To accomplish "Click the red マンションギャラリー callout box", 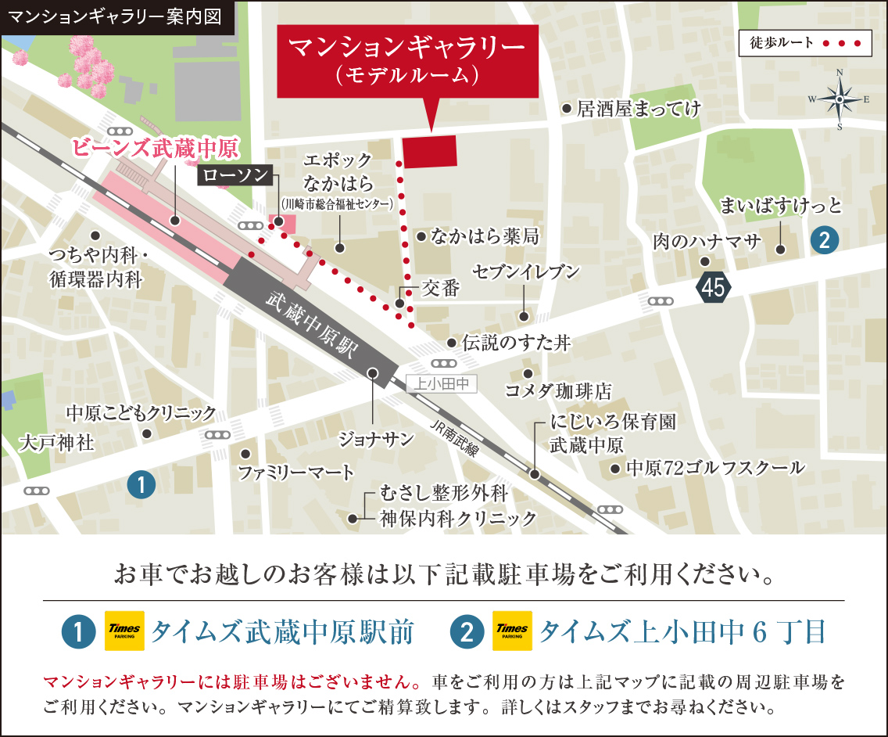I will pyautogui.click(x=407, y=61).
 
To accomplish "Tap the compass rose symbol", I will pyautogui.click(x=839, y=99).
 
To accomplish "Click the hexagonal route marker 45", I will pyautogui.click(x=713, y=288).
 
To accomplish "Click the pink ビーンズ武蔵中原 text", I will pyautogui.click(x=156, y=148).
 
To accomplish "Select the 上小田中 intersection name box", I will pyautogui.click(x=442, y=383).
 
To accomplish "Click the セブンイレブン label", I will pyautogui.click(x=526, y=271).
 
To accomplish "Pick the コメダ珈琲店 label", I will pyautogui.click(x=558, y=390).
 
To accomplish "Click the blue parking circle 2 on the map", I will pyautogui.click(x=824, y=239).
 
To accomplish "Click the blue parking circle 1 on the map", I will pyautogui.click(x=141, y=485).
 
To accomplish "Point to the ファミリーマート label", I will pyautogui.click(x=296, y=472).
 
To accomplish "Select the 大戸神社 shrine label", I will pyautogui.click(x=55, y=444).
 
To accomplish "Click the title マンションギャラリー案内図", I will pyautogui.click(x=117, y=16).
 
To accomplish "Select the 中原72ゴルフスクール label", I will pyautogui.click(x=715, y=468).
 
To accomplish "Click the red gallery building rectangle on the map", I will pyautogui.click(x=430, y=150).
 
